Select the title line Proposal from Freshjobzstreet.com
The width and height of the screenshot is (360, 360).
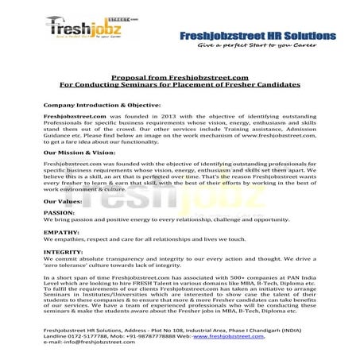pyautogui.click(x=180, y=76)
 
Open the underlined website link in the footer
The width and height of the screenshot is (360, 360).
pyautogui.click(x=238, y=335)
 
